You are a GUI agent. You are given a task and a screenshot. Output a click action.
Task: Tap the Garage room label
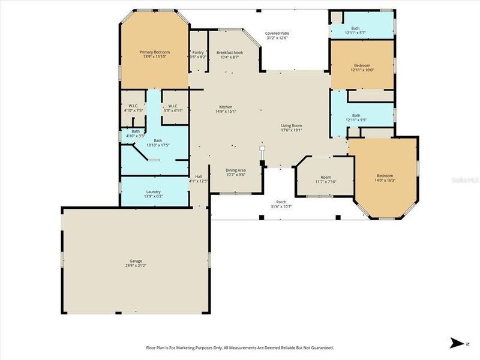click(x=136, y=261)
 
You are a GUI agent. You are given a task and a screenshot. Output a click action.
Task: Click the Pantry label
click(x=197, y=53)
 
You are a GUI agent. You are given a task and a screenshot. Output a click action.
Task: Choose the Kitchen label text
click(x=225, y=107)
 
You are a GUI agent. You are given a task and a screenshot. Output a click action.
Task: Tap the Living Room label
click(x=292, y=125)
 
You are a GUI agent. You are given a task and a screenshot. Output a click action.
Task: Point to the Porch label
click(x=280, y=202)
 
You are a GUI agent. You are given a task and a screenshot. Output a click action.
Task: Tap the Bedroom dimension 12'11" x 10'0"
click(x=362, y=70)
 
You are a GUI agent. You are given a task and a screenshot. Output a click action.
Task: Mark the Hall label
click(x=198, y=176)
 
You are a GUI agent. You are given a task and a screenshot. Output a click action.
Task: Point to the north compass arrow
click(x=457, y=343)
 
